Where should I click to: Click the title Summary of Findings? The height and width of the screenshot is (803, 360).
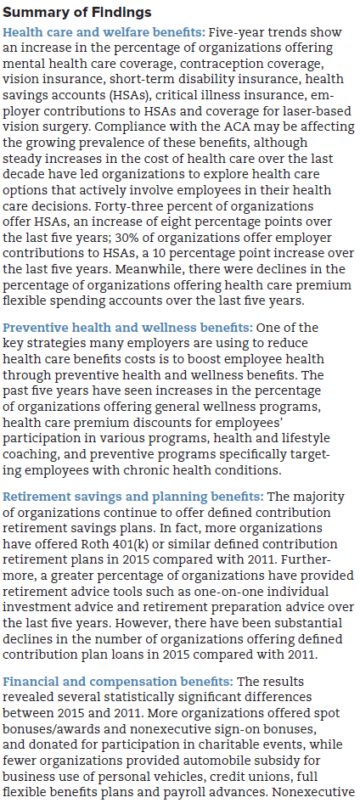click(x=77, y=12)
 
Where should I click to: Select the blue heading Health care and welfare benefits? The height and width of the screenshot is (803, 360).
click(x=104, y=32)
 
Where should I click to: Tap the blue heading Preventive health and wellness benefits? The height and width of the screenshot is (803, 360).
click(x=127, y=328)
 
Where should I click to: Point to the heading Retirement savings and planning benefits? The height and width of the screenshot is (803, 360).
click(x=133, y=497)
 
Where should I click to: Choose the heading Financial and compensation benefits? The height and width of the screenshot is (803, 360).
click(x=118, y=682)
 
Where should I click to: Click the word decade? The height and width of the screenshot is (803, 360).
click(x=20, y=175)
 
